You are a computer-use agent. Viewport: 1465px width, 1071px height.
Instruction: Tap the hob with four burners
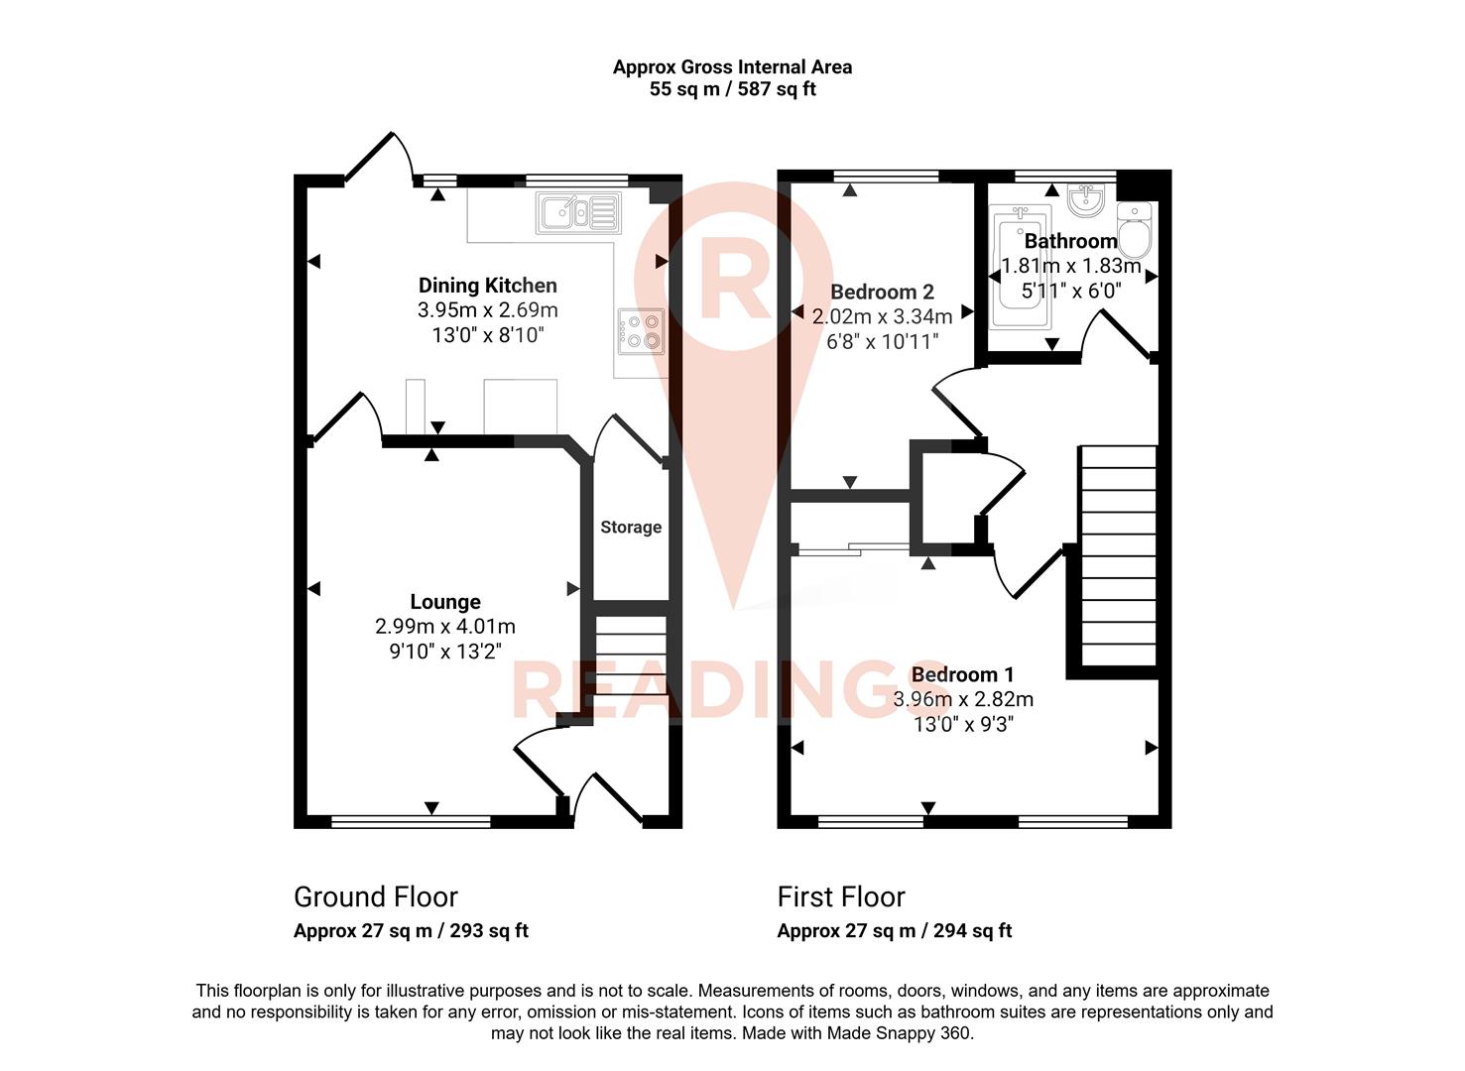point(641,331)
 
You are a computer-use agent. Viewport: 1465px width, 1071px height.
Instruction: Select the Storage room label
point(631,528)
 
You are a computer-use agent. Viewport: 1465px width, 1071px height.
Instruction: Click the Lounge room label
point(445,602)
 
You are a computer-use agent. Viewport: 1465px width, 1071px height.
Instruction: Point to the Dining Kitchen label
point(487,286)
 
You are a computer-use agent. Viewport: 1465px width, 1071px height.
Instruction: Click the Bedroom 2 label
point(882,292)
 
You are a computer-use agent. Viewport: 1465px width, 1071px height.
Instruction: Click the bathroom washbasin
point(1087,201)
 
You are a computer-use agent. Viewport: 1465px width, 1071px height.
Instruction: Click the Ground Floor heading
point(375,897)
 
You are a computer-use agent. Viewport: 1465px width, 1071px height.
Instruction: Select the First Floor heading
point(841,897)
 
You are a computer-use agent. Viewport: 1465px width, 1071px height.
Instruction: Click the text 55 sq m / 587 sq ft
point(732,89)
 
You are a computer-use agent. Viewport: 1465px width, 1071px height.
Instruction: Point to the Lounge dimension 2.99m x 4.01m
point(445,627)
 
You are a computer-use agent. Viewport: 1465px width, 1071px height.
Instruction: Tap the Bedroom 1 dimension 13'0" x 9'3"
point(963,725)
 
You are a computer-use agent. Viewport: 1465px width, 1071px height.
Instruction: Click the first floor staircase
point(1118,555)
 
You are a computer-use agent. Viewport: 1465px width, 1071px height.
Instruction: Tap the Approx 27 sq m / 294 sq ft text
point(894,931)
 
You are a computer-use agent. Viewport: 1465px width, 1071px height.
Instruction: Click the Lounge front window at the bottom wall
point(411,821)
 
